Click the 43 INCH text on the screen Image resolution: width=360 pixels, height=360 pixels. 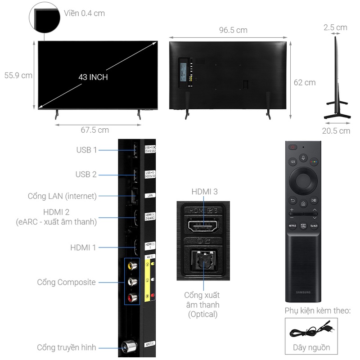tap(93, 77)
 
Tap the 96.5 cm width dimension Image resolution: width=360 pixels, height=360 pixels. tap(233, 30)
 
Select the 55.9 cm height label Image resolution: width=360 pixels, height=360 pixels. tap(18, 75)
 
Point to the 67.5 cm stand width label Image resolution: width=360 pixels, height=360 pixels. tap(95, 130)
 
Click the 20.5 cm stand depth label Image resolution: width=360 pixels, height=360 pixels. tap(336, 131)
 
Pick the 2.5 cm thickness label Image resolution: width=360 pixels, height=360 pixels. tap(335, 27)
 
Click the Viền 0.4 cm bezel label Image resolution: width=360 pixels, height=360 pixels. tap(84, 13)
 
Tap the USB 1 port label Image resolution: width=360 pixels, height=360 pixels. tap(86, 150)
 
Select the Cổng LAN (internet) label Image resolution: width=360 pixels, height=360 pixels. tap(62, 196)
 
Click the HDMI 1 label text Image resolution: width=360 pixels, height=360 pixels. tap(83, 247)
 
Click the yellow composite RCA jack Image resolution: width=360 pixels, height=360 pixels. tap(132, 265)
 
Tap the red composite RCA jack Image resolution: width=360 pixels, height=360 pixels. tap(132, 297)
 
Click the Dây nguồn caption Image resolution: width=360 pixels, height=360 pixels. tap(311, 347)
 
